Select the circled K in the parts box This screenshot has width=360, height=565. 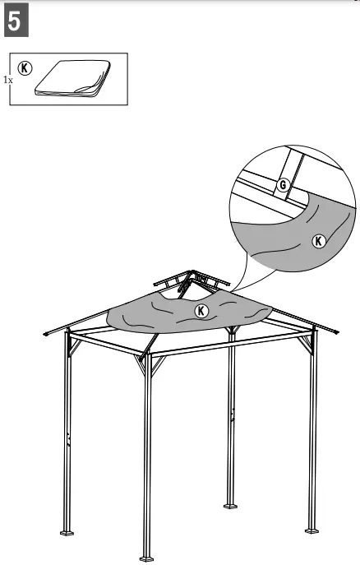click(x=25, y=69)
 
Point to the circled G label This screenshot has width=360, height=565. click(x=283, y=184)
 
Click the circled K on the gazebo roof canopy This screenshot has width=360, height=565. click(x=201, y=310)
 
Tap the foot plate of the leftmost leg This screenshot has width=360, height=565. click(x=67, y=532)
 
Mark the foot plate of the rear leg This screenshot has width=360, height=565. click(x=231, y=503)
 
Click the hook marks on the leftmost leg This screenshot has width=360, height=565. click(x=69, y=436)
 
